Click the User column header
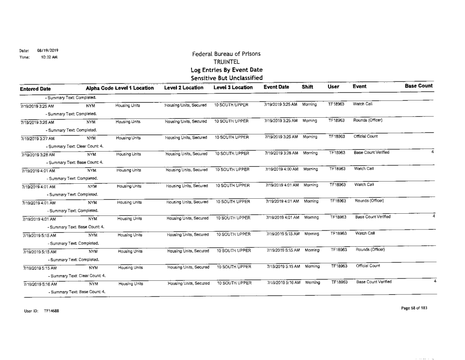coord(334,88)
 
